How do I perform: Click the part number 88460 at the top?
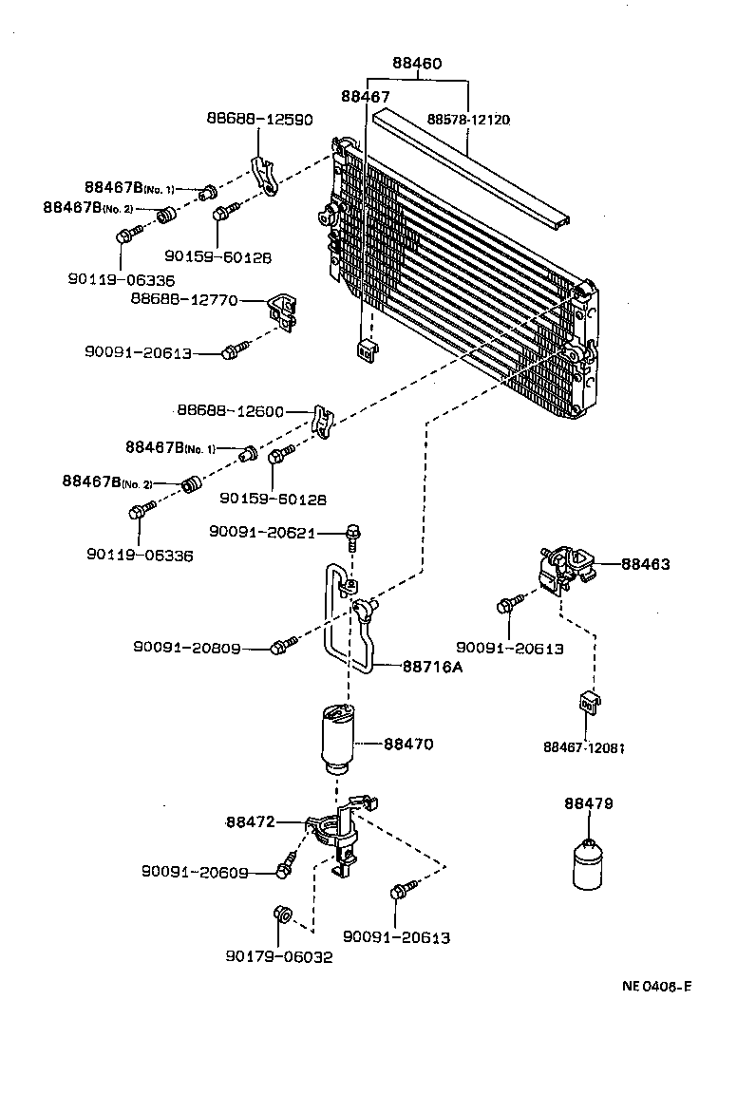418,64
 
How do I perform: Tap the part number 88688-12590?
259,119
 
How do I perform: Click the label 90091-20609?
196,871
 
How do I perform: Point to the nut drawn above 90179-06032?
281,914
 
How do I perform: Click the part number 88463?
646,564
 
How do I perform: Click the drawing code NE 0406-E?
656,985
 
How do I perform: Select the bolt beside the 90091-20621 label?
353,536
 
